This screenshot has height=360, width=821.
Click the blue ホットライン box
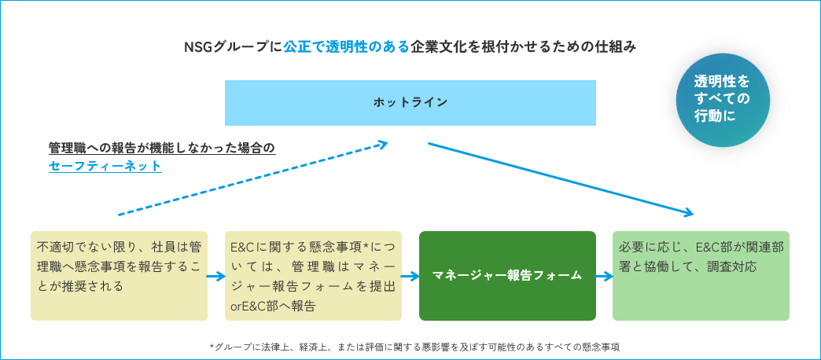pos(410,102)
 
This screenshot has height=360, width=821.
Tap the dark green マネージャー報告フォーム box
pos(507,276)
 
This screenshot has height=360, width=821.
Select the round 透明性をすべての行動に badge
pos(723,99)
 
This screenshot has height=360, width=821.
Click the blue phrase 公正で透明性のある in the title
pos(345,47)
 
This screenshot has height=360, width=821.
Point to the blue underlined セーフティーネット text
pos(105,167)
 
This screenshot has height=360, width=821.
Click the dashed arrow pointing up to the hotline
pos(253,178)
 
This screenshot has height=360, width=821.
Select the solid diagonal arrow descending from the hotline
pos(561,179)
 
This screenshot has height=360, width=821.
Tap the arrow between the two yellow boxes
pos(216,276)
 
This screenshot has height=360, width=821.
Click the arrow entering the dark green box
pos(410,276)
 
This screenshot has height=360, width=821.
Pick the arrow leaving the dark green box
pos(605,276)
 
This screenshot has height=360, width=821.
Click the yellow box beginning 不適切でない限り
pos(119,276)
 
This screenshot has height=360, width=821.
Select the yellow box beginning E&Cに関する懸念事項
pos(313,276)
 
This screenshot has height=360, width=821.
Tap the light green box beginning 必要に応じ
pos(701,276)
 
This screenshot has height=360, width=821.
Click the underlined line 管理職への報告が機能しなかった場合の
pos(162,148)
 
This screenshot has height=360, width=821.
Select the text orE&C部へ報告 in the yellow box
pos(273,307)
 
